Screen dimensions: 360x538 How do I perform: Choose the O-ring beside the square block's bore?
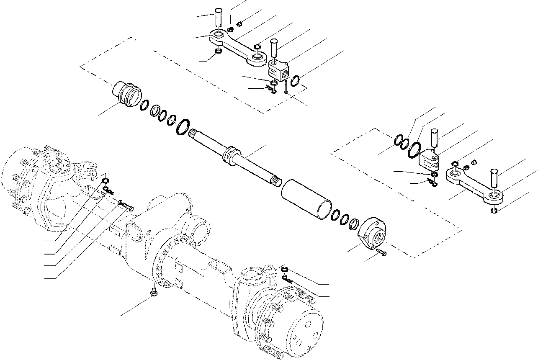pos(295,80)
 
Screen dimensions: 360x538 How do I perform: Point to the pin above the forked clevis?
pos(435,138)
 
